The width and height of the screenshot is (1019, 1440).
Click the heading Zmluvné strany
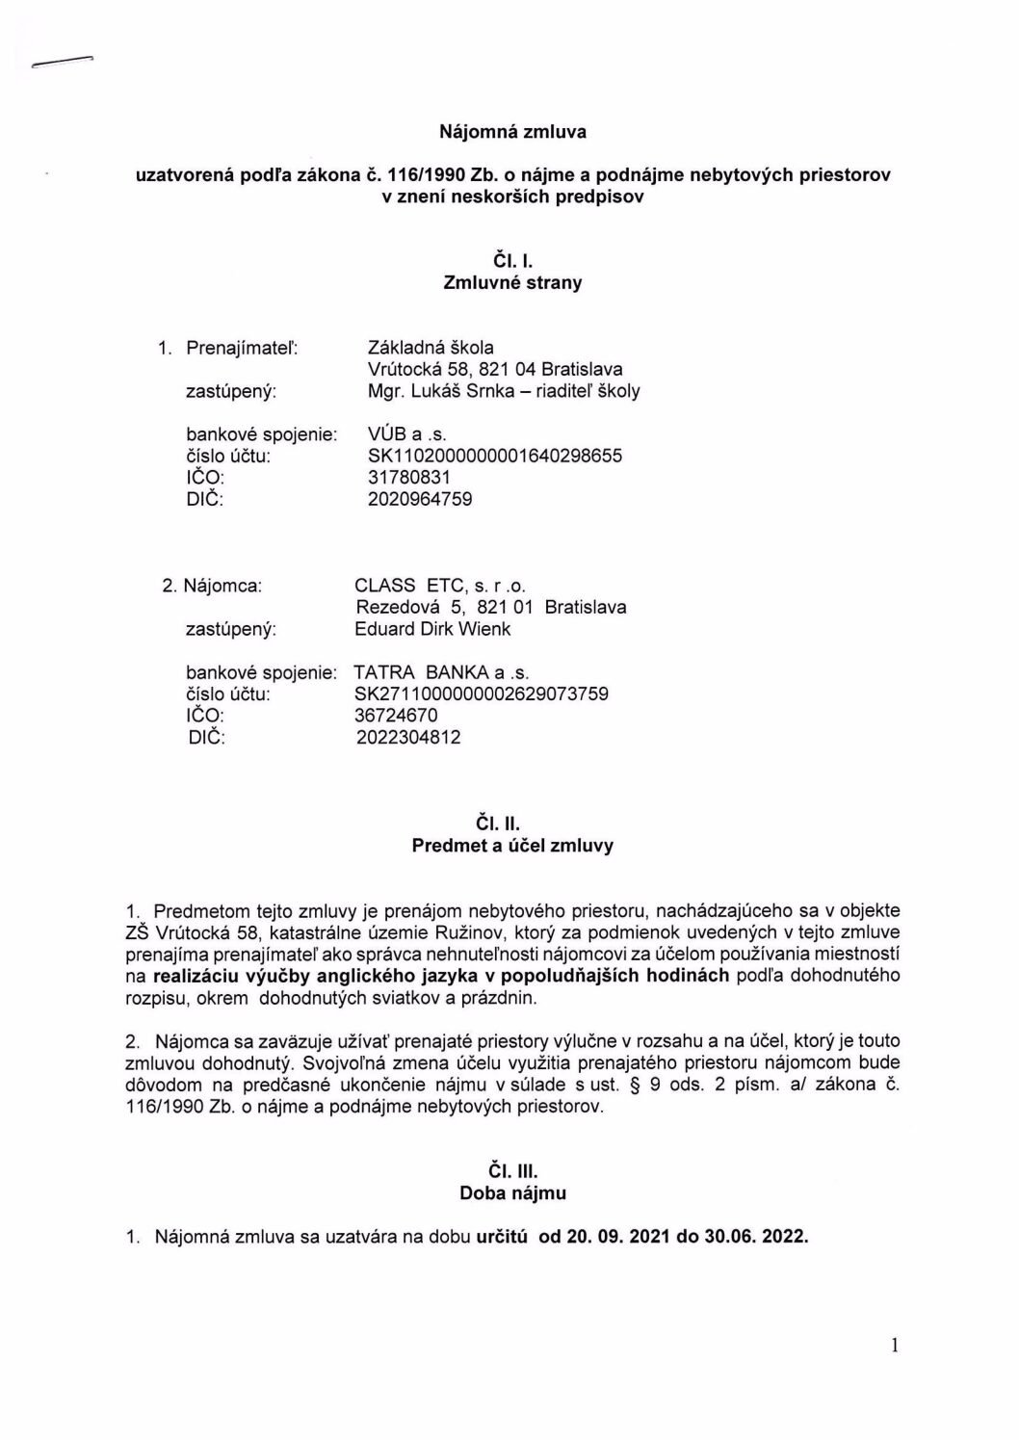pos(512,283)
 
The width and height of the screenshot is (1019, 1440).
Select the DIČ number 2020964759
pos(414,499)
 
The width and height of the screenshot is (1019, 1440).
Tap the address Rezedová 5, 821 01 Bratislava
pos(490,607)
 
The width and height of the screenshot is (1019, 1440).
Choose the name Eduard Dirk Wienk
pos(432,629)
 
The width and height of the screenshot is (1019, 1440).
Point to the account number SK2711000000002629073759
pos(482,694)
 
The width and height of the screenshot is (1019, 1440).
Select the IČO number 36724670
pos(396,716)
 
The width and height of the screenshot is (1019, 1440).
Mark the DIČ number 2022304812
pos(408,738)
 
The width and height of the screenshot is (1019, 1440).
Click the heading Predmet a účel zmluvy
pos(512,846)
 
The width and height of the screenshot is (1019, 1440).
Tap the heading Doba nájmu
pos(512,1192)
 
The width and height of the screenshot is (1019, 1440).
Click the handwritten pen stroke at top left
pos(61,63)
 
